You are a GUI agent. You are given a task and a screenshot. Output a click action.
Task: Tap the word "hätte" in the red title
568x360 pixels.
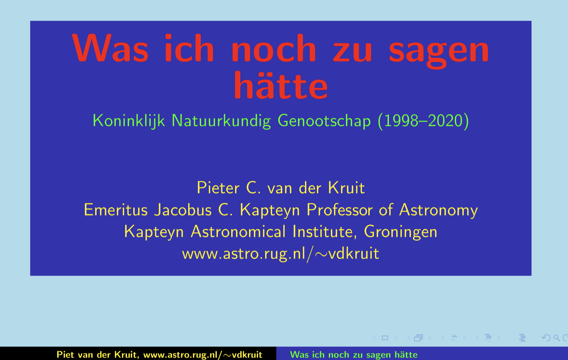[281, 85]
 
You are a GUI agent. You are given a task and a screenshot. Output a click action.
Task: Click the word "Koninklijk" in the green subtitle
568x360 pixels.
[129, 121]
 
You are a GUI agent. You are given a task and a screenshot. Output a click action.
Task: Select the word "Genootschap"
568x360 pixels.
[324, 121]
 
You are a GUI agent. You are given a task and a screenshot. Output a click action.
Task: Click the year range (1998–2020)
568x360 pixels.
[423, 121]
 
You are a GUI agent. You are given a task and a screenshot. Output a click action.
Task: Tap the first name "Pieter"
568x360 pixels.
[218, 188]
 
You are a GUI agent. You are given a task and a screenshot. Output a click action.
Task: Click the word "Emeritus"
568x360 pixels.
[116, 210]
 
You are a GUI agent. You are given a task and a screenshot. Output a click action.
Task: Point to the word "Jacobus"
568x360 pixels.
[183, 210]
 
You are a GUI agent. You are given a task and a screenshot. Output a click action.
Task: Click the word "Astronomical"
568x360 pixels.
[238, 232]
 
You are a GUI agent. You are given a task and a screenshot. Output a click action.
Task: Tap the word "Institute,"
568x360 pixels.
[325, 232]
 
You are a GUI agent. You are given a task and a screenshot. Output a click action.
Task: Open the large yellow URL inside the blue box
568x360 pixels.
[281, 254]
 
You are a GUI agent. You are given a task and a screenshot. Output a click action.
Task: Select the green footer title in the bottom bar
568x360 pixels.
[354, 355]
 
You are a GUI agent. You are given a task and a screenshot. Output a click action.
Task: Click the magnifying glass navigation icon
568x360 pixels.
[556, 338]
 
